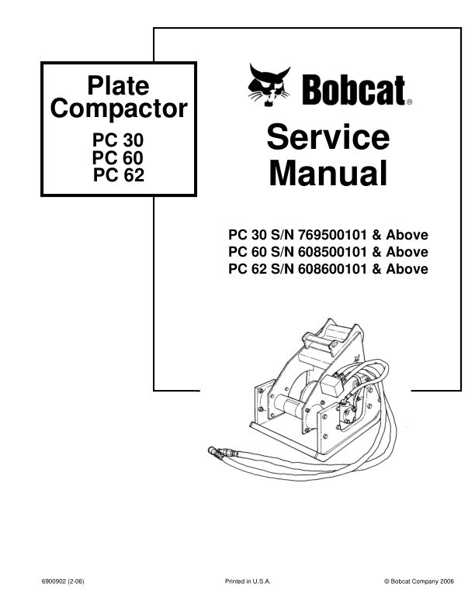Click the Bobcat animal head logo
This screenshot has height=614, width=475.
click(x=269, y=85)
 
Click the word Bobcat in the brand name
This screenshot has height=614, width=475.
click(x=353, y=90)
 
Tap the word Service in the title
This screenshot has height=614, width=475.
click(x=328, y=136)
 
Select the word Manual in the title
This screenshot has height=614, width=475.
click(x=328, y=173)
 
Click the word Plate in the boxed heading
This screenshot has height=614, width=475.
click(x=118, y=86)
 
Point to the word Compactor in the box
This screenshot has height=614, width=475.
click(x=119, y=108)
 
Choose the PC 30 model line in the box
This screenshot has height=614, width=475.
click(x=118, y=140)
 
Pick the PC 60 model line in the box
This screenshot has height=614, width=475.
click(x=118, y=158)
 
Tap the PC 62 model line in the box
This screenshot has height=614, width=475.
click(x=119, y=175)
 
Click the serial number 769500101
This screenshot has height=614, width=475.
click(x=332, y=235)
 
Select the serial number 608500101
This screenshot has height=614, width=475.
click(x=332, y=252)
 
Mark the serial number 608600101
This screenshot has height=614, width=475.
click(x=332, y=269)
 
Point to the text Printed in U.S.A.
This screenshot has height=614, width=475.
click(x=248, y=581)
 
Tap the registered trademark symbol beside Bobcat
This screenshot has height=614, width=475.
click(x=409, y=102)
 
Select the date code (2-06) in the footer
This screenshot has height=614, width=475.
click(x=75, y=581)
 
